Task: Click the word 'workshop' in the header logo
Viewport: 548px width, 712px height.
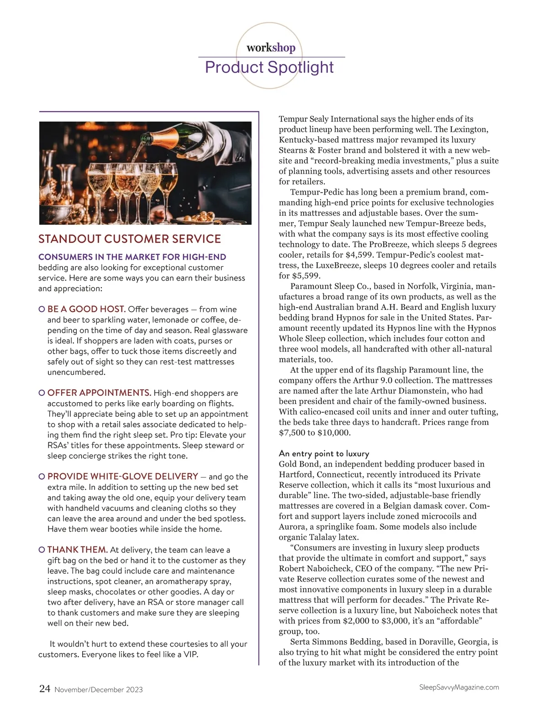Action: pos(271,48)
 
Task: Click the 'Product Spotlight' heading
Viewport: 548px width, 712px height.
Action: pos(269,67)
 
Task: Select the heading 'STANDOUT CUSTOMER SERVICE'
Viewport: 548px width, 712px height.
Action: pos(130,239)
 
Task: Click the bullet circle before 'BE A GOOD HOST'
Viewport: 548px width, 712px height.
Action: pos(42,309)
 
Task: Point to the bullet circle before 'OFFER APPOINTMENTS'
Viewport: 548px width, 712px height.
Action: pos(42,393)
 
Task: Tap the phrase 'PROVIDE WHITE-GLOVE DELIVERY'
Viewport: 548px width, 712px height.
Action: pos(122,476)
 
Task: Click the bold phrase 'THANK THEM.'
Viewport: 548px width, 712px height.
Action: pos(77,550)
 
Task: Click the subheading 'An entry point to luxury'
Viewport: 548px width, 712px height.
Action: pos(324,453)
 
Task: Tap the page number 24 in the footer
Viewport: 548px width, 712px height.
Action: pos(45,689)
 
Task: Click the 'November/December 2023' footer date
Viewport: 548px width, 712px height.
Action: pos(98,690)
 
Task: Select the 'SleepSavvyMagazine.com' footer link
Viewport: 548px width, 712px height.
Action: pos(458,687)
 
